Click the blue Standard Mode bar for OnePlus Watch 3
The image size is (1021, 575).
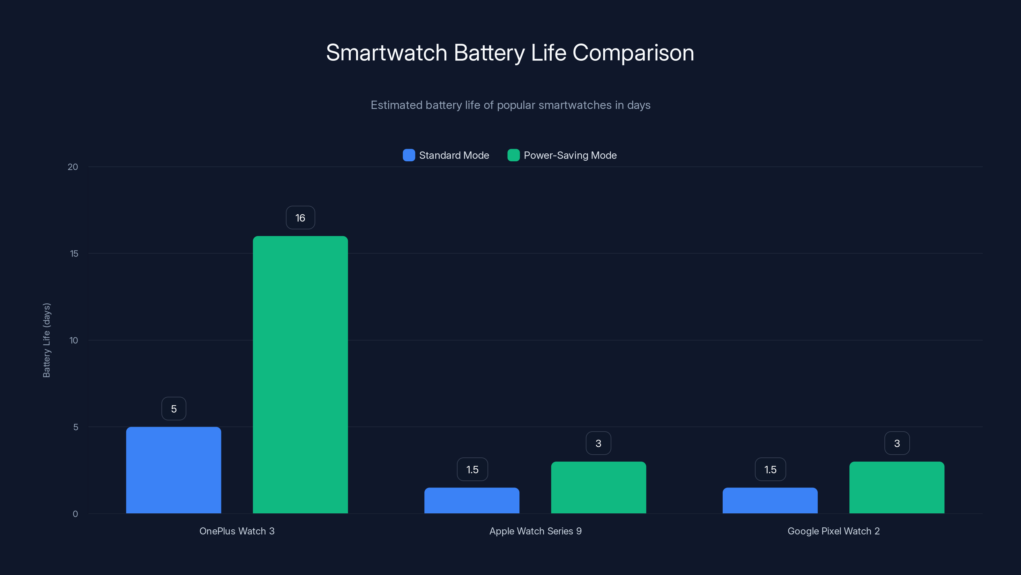point(174,470)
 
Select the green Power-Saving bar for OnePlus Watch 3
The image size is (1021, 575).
point(301,375)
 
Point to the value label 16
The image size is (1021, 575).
point(301,218)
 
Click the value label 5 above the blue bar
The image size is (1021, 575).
point(174,409)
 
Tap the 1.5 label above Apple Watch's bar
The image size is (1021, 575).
point(472,470)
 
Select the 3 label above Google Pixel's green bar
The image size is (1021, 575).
point(897,443)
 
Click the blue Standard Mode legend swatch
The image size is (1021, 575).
point(409,155)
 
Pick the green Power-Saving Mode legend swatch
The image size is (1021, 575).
point(513,155)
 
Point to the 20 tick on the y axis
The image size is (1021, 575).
point(73,167)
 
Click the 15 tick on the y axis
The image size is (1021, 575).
point(74,254)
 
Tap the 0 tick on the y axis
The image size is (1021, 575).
point(75,514)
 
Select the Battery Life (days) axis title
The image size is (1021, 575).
point(46,340)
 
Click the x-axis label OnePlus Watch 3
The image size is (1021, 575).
point(237,531)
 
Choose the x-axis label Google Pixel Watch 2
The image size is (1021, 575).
point(833,531)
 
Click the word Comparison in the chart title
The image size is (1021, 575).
point(633,53)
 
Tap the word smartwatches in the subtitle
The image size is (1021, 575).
point(575,105)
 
